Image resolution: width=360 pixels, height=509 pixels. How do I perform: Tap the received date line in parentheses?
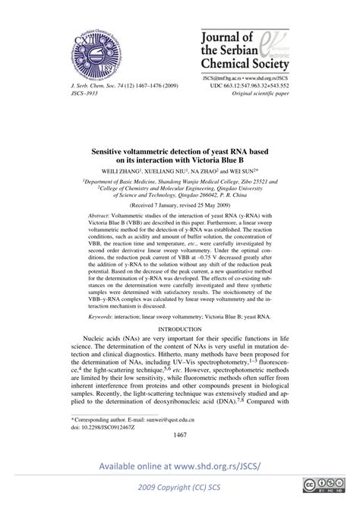[x=180, y=205]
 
